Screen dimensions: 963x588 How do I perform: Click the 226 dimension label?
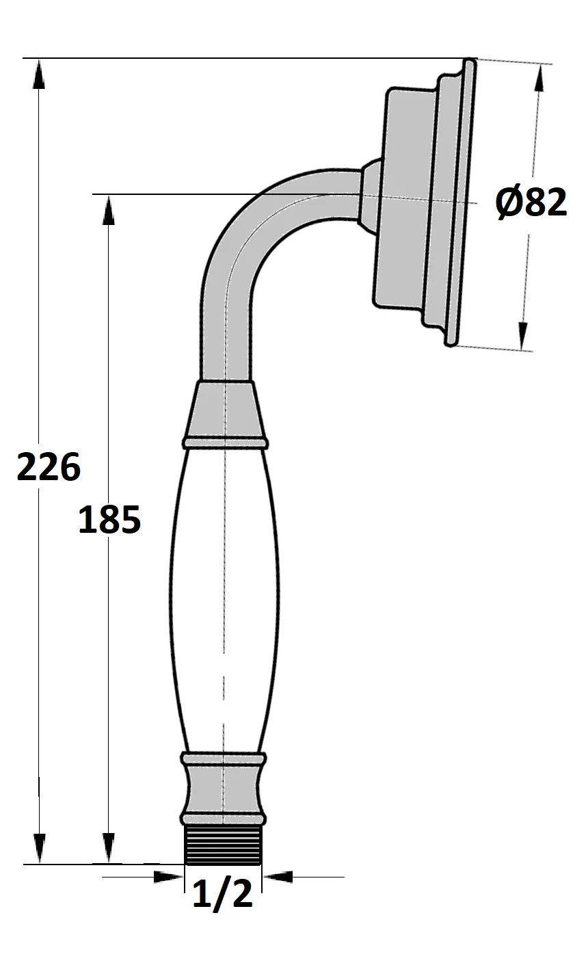pos(49,468)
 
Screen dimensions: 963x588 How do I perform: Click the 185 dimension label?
pos(109,520)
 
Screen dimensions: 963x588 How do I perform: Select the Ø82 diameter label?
pos(532,203)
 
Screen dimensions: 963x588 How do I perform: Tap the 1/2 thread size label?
pos(223,895)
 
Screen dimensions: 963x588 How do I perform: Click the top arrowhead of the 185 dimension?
pos(108,209)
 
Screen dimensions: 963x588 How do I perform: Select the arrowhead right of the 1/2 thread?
pos(278,877)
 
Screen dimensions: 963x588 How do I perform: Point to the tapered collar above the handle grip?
pos(224,410)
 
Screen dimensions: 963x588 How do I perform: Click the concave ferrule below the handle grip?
pos(224,789)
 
